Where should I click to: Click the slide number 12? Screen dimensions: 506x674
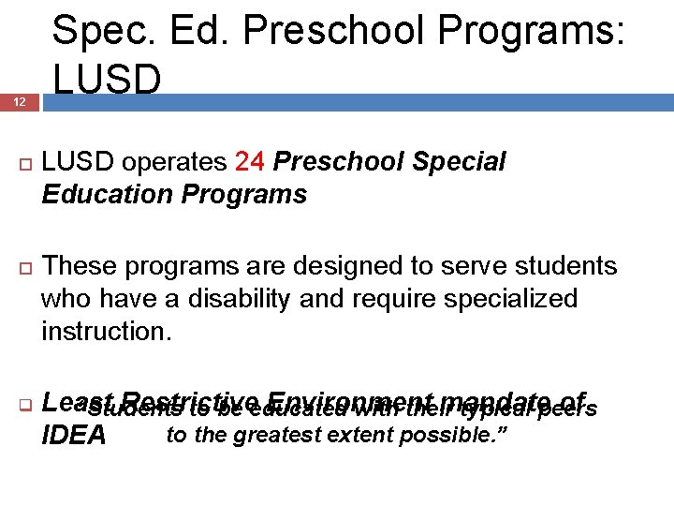19,103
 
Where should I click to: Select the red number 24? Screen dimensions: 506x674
250,162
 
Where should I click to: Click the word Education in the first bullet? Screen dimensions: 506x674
99,194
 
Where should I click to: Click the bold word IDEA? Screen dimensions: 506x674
74,436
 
